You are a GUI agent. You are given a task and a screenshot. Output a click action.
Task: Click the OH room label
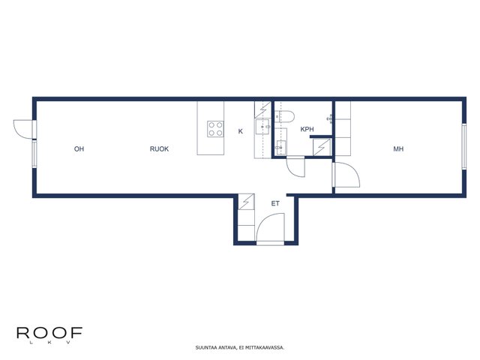pyautogui.click(x=79, y=149)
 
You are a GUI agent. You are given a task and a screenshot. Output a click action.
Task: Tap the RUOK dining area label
pyautogui.click(x=159, y=149)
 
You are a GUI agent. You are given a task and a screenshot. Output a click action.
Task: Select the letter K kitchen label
pyautogui.click(x=241, y=131)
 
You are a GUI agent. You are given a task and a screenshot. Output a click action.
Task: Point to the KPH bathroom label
pyautogui.click(x=307, y=129)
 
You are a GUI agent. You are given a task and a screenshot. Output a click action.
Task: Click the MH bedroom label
pyautogui.click(x=398, y=149)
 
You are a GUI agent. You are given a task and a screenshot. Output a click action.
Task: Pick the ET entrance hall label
pyautogui.click(x=275, y=203)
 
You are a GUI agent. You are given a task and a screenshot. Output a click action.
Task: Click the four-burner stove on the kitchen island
pyautogui.click(x=215, y=129)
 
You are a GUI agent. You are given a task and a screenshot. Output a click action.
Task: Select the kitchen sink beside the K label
pyautogui.click(x=262, y=127)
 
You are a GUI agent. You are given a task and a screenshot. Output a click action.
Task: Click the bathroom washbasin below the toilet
pyautogui.click(x=280, y=148)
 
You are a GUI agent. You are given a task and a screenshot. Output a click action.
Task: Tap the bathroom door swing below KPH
pyautogui.click(x=295, y=167)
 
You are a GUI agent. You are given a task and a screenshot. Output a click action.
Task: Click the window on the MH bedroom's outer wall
pyautogui.click(x=464, y=146)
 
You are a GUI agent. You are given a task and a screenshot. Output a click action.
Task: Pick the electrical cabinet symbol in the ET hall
pyautogui.click(x=247, y=202)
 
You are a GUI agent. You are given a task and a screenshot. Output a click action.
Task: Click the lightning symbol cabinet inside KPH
pyautogui.click(x=322, y=147)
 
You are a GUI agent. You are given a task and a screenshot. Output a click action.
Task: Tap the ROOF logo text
pyautogui.click(x=49, y=333)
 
